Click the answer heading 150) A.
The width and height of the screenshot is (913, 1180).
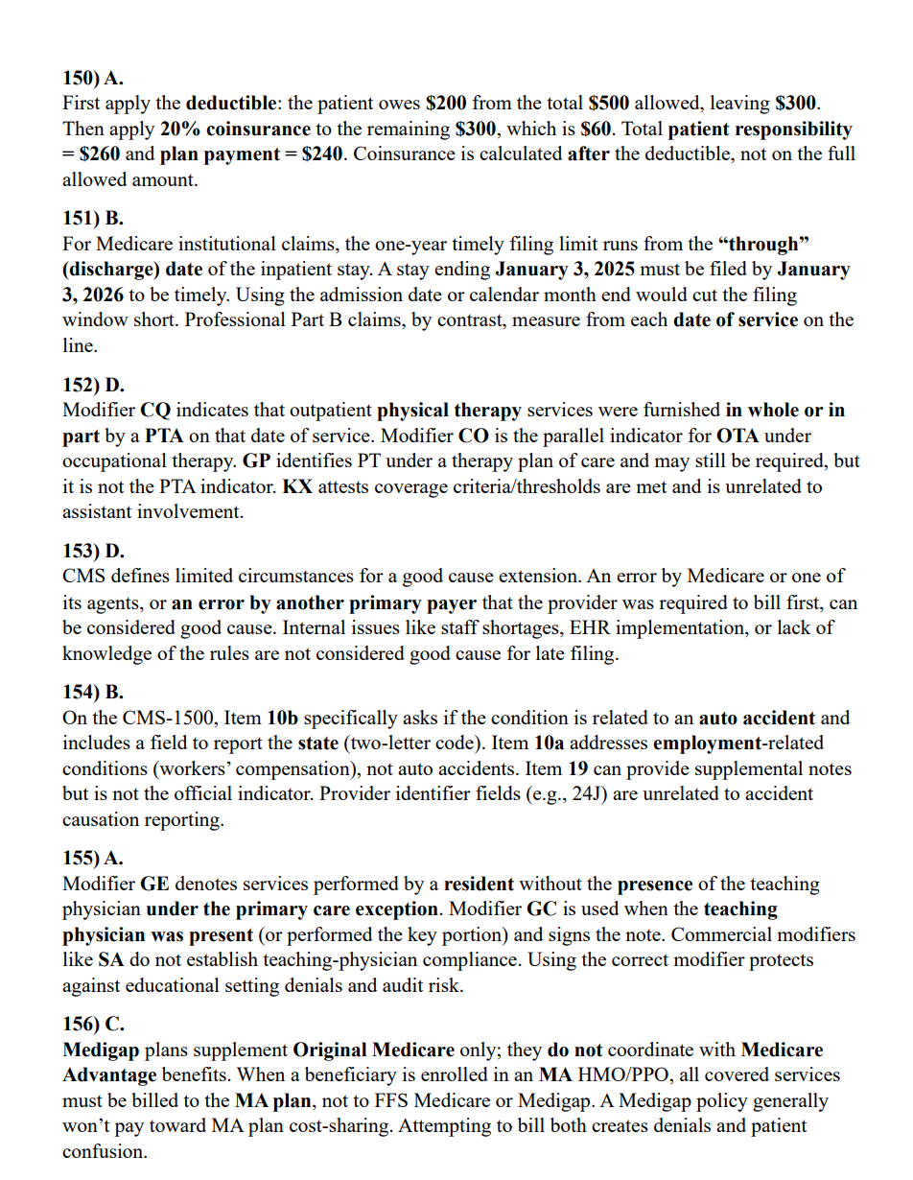click(93, 78)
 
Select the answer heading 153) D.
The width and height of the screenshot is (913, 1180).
click(93, 552)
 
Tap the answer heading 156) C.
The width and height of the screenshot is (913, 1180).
click(93, 1024)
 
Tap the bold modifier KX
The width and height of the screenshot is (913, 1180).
click(295, 486)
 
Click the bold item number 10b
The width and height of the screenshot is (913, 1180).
click(283, 718)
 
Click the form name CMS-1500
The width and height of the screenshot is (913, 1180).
click(166, 718)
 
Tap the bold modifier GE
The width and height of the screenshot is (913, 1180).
click(156, 884)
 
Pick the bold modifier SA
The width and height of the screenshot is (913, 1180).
click(111, 960)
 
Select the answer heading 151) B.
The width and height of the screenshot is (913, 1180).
click(93, 218)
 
